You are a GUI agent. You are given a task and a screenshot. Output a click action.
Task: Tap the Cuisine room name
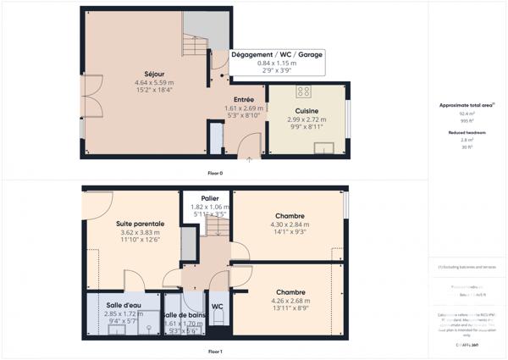(x=306, y=111)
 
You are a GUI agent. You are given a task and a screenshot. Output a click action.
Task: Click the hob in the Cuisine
(x=302, y=91)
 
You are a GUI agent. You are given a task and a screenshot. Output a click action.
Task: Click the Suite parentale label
(x=140, y=224)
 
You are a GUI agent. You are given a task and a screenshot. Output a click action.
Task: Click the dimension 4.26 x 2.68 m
(x=290, y=301)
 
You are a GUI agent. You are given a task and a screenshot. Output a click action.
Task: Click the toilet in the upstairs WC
(x=218, y=318)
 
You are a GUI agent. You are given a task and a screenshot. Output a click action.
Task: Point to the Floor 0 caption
(x=215, y=173)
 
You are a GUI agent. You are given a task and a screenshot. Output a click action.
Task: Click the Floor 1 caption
(x=215, y=351)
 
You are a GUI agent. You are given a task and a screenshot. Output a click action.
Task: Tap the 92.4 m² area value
(x=467, y=114)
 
